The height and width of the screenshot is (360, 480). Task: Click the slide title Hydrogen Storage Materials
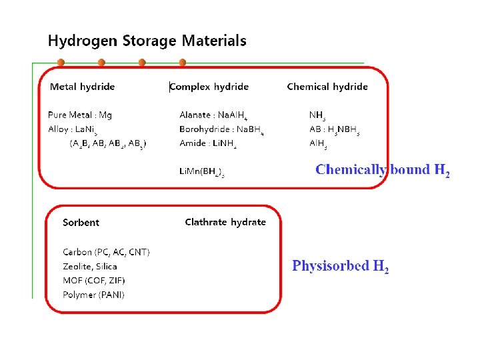coord(147,41)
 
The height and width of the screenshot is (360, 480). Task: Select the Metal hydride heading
coord(82,87)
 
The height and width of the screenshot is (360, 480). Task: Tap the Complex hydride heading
coord(209,87)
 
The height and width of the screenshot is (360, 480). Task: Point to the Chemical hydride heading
coord(327,87)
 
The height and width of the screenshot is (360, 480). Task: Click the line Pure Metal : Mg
coord(80,115)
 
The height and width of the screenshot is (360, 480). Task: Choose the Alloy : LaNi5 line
coord(70,129)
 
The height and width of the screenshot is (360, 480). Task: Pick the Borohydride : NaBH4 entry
coord(221,129)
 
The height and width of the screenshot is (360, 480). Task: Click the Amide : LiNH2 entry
coord(208,143)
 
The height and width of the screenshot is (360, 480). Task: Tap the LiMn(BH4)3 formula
coord(202,172)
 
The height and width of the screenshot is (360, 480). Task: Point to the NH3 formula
coord(317,116)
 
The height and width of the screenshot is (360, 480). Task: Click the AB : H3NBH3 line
coord(335,129)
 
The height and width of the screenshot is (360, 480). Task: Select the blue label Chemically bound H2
coord(383,170)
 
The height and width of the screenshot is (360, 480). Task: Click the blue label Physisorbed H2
coord(340,267)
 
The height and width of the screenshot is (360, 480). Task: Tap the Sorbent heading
coord(81,223)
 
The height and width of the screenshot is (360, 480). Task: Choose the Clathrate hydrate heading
coord(225,222)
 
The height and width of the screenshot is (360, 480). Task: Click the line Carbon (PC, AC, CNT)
coord(106,252)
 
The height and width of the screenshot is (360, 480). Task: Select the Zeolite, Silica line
coord(90,267)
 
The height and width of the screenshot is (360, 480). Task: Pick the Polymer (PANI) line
coord(93,295)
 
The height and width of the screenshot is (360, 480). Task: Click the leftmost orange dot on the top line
coord(61,63)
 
